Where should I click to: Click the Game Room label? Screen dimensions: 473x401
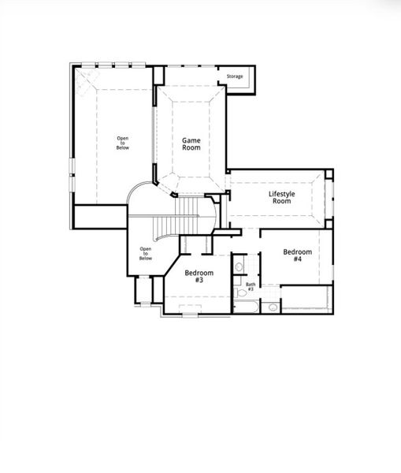(x=191, y=143)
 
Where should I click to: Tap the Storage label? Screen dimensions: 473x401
(x=235, y=76)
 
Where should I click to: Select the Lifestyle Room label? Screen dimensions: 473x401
(x=281, y=197)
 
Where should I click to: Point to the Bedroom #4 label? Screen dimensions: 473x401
(x=297, y=255)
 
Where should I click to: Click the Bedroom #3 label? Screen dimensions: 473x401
(x=199, y=276)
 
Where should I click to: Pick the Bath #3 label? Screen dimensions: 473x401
(x=251, y=286)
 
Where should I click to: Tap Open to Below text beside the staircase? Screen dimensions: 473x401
(x=146, y=253)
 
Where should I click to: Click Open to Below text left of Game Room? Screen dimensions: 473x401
(x=123, y=143)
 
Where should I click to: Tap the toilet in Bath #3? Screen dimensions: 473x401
(x=239, y=292)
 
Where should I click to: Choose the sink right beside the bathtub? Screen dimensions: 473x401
(x=271, y=307)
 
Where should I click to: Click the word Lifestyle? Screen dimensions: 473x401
(x=281, y=193)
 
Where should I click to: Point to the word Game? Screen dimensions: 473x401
(x=191, y=140)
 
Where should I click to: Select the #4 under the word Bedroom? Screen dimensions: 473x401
(x=297, y=259)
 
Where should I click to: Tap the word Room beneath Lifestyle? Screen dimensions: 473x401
(x=281, y=201)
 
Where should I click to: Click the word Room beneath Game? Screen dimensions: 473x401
(x=191, y=147)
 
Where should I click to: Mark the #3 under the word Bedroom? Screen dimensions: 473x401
(x=199, y=280)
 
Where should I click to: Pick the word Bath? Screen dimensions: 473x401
(x=251, y=284)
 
